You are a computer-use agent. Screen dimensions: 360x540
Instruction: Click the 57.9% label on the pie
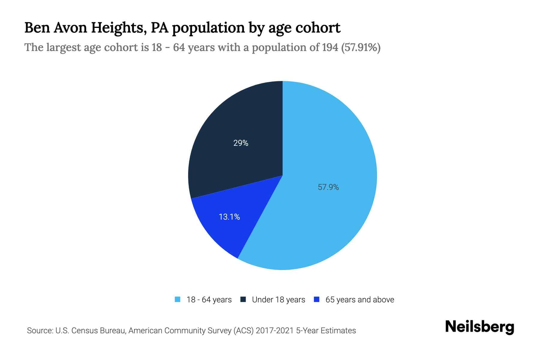coord(328,187)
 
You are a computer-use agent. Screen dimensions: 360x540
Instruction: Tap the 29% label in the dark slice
coord(241,143)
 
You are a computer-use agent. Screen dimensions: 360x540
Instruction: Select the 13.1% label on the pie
coord(229,217)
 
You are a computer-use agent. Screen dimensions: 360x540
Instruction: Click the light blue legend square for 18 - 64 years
coord(178,299)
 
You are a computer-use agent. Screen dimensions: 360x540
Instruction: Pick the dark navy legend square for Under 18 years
coord(243,299)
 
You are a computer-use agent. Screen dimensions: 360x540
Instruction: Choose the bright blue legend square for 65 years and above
coord(316,299)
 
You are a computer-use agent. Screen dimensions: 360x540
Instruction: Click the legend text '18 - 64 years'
coord(209,300)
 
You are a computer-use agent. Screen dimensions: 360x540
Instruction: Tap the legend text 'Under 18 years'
coord(278,300)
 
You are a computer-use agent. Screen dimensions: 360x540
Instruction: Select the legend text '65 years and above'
coord(360,300)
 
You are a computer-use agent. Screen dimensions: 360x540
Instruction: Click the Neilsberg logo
coord(479,327)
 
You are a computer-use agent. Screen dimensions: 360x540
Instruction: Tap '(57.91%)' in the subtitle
coord(361,47)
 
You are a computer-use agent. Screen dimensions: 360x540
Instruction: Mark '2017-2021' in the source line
coord(274,331)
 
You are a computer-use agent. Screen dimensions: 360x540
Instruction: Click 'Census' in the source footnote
coord(85,331)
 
